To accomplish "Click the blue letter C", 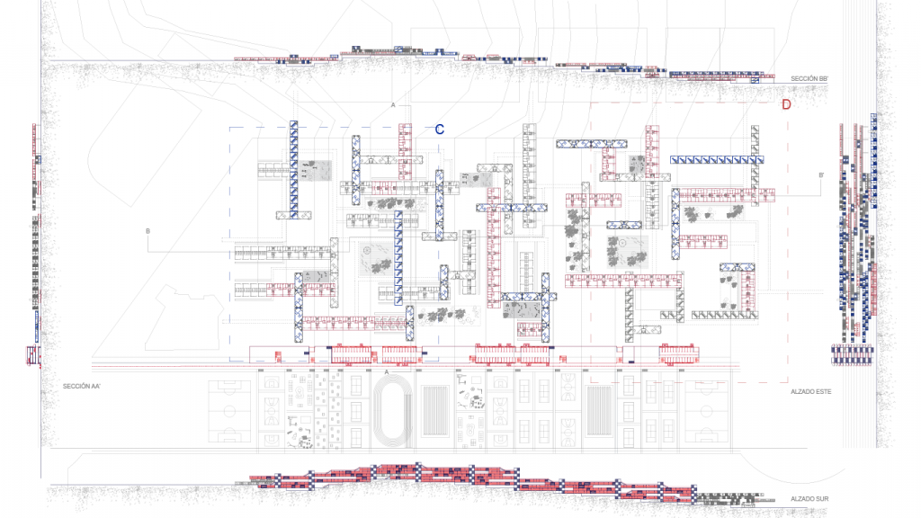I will [x=440, y=129].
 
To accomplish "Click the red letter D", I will [x=786, y=104].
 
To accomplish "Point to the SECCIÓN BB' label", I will [x=809, y=79].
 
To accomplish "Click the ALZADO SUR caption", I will [x=808, y=497].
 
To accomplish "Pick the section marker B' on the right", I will [x=821, y=175].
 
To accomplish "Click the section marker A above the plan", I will [x=393, y=106].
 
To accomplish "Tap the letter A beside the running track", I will [x=387, y=371].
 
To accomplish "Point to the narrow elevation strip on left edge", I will [x=36, y=243].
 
